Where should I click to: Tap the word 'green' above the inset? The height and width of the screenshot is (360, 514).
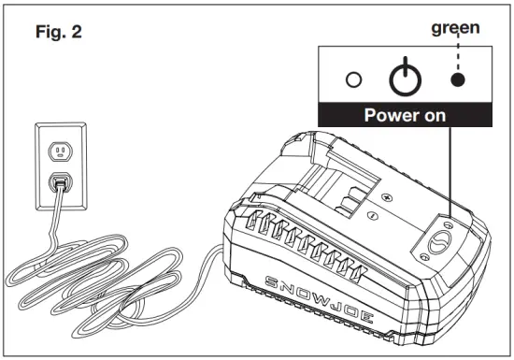(455, 28)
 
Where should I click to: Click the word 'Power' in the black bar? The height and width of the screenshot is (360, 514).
(390, 118)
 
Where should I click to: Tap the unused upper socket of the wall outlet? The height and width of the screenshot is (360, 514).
(59, 150)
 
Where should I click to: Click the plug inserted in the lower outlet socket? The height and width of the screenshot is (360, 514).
(59, 181)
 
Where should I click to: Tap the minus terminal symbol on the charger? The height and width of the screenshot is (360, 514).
(372, 217)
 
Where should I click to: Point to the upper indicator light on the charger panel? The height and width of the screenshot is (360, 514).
(447, 225)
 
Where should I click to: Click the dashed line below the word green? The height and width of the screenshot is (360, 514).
(456, 54)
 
